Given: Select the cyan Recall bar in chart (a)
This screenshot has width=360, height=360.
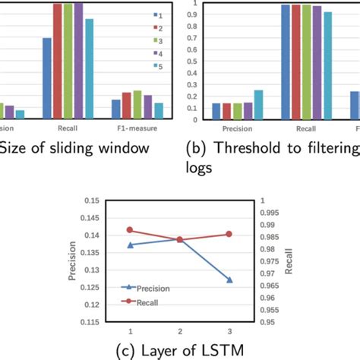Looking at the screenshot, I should (x=89, y=68).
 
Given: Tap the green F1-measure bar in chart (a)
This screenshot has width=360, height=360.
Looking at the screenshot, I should (x=137, y=105).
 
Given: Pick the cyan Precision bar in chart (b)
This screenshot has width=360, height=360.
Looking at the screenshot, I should (x=259, y=105).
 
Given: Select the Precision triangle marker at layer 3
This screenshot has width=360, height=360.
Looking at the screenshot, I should (x=229, y=280).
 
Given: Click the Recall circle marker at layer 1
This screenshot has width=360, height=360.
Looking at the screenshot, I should (x=130, y=229).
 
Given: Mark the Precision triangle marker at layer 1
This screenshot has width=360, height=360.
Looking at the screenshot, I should (x=130, y=245).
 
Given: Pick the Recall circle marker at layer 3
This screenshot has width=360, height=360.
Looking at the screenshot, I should (x=229, y=234).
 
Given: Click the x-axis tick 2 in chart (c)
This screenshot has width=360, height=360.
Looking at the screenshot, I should (x=180, y=331).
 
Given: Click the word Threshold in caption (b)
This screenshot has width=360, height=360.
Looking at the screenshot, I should (x=244, y=147).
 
